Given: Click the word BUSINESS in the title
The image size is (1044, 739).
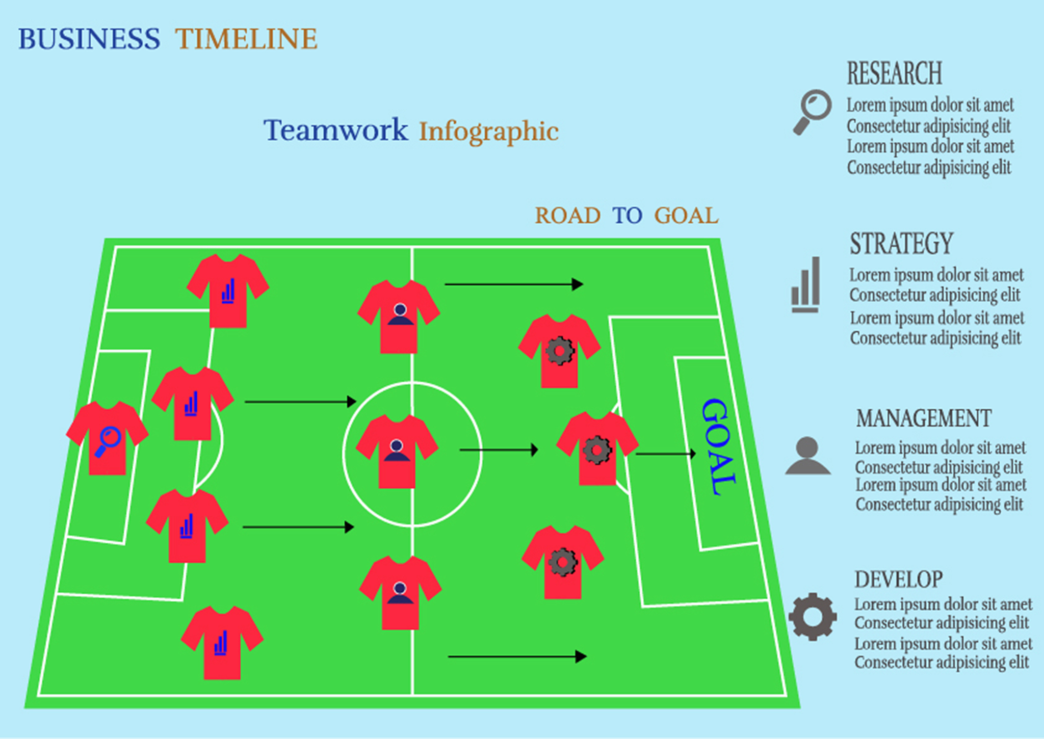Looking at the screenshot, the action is pyautogui.click(x=89, y=39).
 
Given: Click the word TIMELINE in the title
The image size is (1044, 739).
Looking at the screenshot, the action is pyautogui.click(x=247, y=39).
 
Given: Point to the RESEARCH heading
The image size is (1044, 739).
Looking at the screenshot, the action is pyautogui.click(x=895, y=73).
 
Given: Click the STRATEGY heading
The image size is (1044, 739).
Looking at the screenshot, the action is pyautogui.click(x=901, y=243).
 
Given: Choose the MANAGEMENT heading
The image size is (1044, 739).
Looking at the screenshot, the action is pyautogui.click(x=924, y=418).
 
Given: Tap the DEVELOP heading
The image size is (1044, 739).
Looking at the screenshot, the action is pyautogui.click(x=899, y=579).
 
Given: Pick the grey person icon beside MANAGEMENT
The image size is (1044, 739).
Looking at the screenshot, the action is pyautogui.click(x=808, y=456).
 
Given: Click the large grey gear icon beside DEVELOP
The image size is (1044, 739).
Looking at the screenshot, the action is pyautogui.click(x=813, y=617).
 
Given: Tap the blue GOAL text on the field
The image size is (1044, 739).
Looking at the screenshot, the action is pyautogui.click(x=719, y=446).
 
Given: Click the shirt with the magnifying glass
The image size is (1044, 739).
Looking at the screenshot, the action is pyautogui.click(x=107, y=438).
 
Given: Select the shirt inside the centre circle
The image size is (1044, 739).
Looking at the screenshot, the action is pyautogui.click(x=397, y=451).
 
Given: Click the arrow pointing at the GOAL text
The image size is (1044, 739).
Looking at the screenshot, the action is pyautogui.click(x=666, y=454).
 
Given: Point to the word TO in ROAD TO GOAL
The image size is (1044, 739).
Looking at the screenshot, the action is pyautogui.click(x=627, y=216).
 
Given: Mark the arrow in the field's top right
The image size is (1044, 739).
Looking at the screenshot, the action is pyautogui.click(x=514, y=284).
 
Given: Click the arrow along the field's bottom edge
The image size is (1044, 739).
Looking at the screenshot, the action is pyautogui.click(x=517, y=656).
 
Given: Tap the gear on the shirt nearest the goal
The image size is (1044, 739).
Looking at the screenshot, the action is pyautogui.click(x=597, y=450).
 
